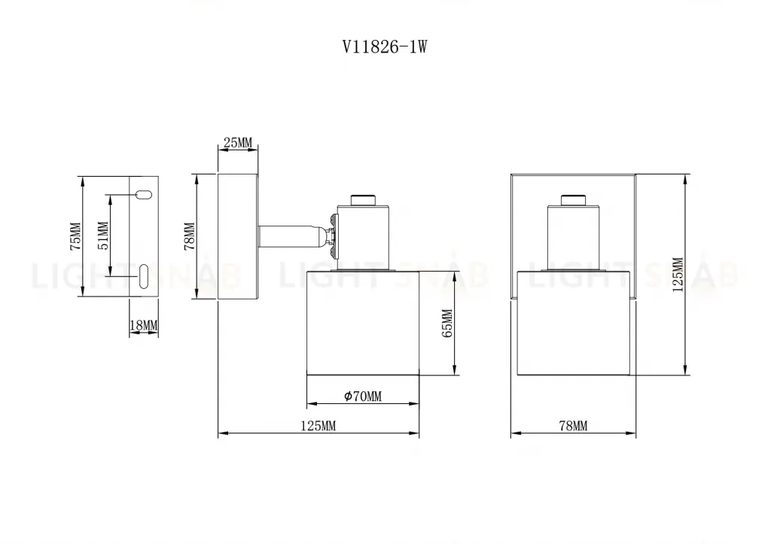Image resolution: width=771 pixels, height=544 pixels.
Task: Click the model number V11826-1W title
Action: [x=385, y=47]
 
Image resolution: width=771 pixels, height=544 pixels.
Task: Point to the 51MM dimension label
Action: [x=103, y=236]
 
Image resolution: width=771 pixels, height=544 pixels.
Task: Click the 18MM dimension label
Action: [x=144, y=326]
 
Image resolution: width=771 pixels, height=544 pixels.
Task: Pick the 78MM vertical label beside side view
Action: [x=190, y=236]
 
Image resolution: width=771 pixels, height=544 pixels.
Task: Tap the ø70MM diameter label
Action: [x=363, y=397]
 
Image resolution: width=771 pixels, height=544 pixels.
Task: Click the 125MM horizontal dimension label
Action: [x=318, y=426]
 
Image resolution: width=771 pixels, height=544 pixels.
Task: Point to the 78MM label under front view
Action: [x=573, y=426]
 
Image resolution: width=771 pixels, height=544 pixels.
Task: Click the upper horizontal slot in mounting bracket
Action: [x=144, y=195]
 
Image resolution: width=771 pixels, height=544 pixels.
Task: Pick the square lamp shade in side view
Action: [x=363, y=321]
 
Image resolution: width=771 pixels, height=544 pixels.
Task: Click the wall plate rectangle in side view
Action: [x=239, y=236]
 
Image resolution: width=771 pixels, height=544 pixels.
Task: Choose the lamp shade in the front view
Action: [x=573, y=321]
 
